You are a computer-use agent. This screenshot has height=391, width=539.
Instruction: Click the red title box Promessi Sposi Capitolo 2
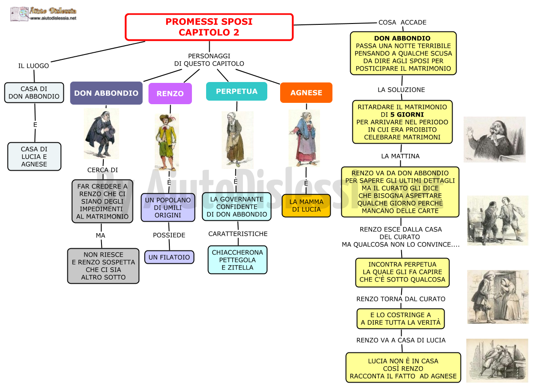click(209, 27)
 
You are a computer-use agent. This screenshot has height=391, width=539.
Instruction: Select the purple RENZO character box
click(170, 94)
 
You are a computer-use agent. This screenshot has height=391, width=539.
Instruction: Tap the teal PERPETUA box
click(237, 91)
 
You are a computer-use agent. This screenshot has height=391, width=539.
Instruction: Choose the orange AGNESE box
click(306, 93)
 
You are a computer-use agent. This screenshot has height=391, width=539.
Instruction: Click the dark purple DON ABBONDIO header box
click(106, 93)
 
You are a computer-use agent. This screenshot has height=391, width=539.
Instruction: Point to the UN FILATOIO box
click(169, 257)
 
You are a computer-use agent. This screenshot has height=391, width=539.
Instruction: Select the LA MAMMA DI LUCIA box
click(306, 206)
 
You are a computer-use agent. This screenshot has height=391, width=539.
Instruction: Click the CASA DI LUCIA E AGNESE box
click(34, 156)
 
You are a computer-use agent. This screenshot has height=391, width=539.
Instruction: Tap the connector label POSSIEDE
click(169, 235)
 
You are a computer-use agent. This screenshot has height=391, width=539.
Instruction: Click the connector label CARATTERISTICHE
click(238, 234)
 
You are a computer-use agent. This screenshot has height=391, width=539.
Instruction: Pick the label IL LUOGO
click(33, 66)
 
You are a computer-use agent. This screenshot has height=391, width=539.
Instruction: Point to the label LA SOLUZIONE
click(401, 90)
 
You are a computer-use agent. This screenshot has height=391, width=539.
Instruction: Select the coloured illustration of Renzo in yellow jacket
click(167, 142)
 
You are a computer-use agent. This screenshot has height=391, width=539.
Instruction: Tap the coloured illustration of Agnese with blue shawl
click(304, 138)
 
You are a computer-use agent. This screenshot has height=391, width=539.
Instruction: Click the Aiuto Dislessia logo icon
click(19, 14)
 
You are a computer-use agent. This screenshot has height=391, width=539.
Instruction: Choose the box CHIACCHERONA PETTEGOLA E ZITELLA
click(238, 260)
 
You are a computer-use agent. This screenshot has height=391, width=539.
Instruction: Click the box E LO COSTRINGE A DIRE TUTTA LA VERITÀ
click(401, 319)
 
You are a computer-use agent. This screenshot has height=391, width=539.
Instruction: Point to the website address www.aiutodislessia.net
click(53, 18)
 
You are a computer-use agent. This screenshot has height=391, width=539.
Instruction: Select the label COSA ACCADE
click(402, 22)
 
